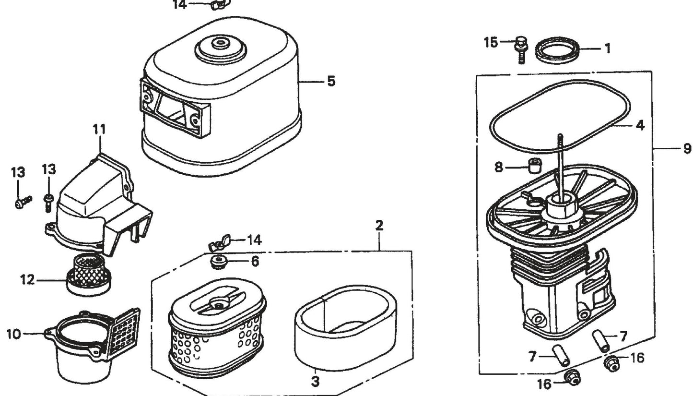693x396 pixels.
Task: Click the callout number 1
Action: pos(607,48)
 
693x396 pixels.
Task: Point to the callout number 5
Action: pos(331,81)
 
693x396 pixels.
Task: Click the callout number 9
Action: pos(687,149)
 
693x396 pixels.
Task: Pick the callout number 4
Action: pos(640,126)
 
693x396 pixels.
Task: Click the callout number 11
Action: pos(100,130)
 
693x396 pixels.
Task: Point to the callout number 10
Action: pos(14,334)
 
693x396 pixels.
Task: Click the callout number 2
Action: pos(379,225)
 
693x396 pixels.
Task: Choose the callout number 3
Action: pos(315,382)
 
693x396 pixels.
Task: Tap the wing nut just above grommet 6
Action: pos(219,243)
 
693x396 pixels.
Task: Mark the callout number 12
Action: pos(27,279)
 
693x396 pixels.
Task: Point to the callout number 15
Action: pos(491,42)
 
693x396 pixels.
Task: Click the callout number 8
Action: pos(499,167)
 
